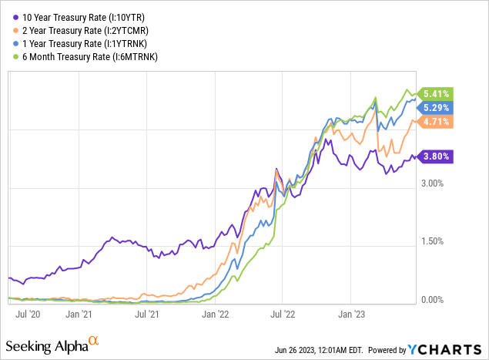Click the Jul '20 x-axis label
28,315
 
